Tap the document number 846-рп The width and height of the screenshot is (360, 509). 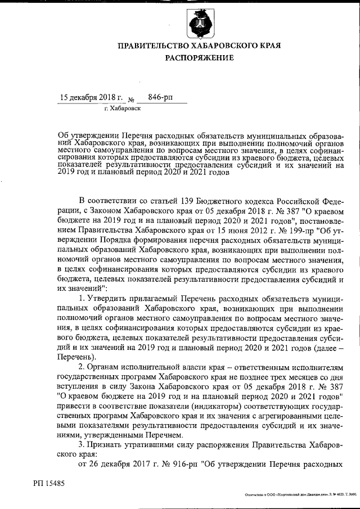(x=160, y=97)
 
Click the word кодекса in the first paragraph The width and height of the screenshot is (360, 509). (x=263, y=201)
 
